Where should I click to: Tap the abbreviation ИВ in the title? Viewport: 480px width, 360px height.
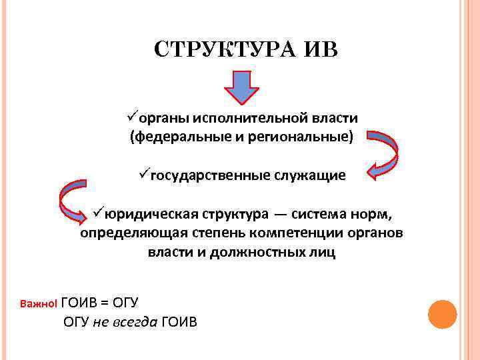pyautogui.click(x=322, y=50)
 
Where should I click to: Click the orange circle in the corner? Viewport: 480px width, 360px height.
pyautogui.click(x=441, y=313)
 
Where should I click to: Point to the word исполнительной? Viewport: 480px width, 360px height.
pyautogui.click(x=250, y=118)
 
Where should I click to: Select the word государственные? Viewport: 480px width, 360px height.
pyautogui.click(x=209, y=176)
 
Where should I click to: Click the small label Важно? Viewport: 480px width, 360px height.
pyautogui.click(x=39, y=303)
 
